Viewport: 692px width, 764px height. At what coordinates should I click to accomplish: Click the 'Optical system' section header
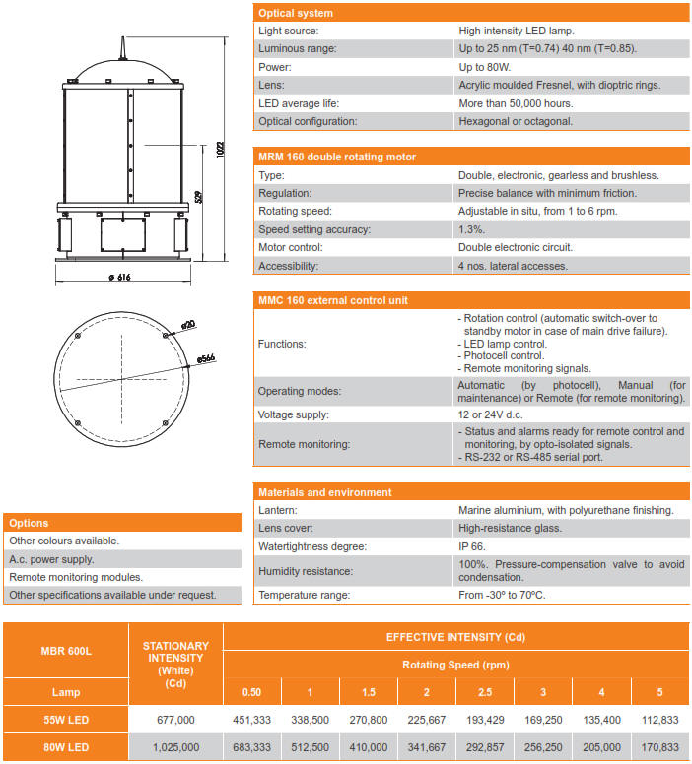296,13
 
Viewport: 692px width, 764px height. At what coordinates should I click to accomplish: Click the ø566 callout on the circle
206,359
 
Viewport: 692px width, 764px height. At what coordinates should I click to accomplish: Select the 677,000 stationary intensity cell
176,719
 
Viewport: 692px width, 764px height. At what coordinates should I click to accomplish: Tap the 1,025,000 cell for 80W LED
176,747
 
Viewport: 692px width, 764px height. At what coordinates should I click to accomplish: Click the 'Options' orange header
30,523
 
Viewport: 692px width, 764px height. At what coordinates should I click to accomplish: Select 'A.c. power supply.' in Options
51,559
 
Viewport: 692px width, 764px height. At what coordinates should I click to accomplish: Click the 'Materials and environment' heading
324,492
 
